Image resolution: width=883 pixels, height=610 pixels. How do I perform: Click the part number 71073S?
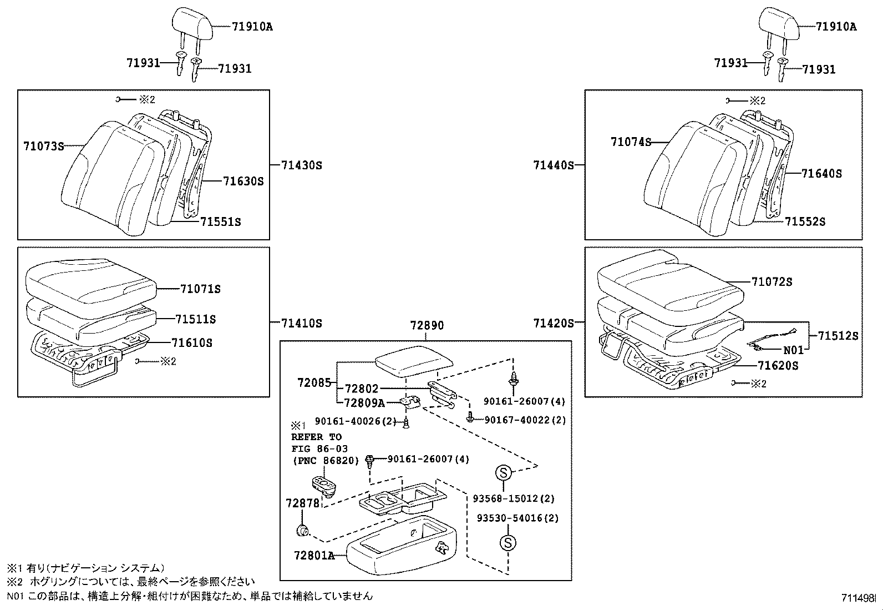pyautogui.click(x=43, y=147)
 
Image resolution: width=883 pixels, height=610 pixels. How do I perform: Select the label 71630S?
pyautogui.click(x=243, y=181)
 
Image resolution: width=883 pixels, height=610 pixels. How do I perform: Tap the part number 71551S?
pyautogui.click(x=220, y=222)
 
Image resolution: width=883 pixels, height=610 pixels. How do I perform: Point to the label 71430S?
pyautogui.click(x=302, y=165)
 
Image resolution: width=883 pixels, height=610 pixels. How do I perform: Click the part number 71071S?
pyautogui.click(x=200, y=289)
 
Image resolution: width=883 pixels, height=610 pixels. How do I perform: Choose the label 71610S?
pyautogui.click(x=191, y=343)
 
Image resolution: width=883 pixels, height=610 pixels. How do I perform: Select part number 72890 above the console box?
pyautogui.click(x=427, y=325)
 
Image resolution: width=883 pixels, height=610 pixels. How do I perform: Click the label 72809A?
pyautogui.click(x=364, y=403)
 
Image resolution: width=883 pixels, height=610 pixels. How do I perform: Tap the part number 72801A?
pyautogui.click(x=314, y=556)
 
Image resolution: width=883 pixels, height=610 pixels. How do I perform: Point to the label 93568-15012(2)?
pyautogui.click(x=514, y=499)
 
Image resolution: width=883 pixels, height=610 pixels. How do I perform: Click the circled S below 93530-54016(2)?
pyautogui.click(x=508, y=543)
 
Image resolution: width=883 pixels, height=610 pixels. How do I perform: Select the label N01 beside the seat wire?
pyautogui.click(x=793, y=350)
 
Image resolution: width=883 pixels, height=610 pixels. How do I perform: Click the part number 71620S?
pyautogui.click(x=778, y=366)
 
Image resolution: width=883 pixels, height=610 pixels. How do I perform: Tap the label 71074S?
pyautogui.click(x=631, y=142)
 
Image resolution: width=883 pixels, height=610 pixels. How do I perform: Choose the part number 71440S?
pyautogui.click(x=554, y=165)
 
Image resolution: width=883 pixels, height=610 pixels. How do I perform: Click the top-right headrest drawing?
pyautogui.click(x=779, y=24)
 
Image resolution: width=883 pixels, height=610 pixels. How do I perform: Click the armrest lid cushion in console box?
pyautogui.click(x=414, y=361)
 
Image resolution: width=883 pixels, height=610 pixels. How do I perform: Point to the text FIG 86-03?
pyautogui.click(x=319, y=448)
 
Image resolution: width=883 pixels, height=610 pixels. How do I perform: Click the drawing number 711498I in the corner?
pyautogui.click(x=858, y=598)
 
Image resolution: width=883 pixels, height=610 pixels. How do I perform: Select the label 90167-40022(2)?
pyautogui.click(x=525, y=420)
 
